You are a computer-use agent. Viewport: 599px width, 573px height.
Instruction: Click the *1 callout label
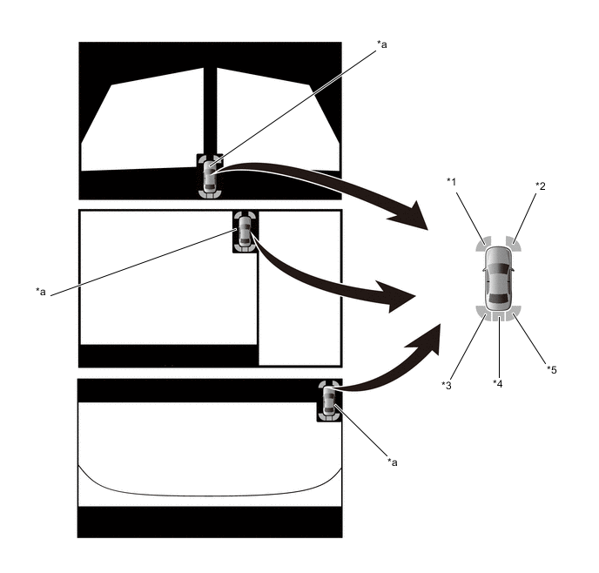(452, 182)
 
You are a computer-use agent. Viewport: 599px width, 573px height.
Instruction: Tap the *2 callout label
(540, 186)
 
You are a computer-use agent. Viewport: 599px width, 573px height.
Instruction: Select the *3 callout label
(446, 386)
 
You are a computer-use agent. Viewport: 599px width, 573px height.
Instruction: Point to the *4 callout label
(497, 383)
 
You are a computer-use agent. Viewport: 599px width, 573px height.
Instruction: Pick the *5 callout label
(552, 369)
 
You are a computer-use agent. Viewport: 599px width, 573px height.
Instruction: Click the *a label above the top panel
(381, 44)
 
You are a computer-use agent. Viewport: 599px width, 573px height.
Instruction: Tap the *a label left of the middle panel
(41, 292)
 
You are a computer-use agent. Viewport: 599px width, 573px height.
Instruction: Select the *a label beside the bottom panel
(393, 462)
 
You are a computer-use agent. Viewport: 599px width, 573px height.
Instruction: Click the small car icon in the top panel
(209, 176)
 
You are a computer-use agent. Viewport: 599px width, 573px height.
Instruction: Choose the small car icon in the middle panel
(245, 231)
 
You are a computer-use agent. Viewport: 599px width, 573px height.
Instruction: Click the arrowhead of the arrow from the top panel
(413, 217)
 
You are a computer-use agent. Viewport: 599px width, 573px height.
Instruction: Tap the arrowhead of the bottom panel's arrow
(427, 338)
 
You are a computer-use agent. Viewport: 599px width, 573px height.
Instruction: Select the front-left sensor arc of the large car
(483, 244)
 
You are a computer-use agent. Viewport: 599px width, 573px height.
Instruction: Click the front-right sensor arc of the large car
(514, 244)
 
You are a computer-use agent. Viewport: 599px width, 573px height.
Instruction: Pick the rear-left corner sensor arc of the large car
(481, 313)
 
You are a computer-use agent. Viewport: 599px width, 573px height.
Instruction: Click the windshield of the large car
(498, 267)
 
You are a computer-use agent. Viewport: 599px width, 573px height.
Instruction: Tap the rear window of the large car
(499, 299)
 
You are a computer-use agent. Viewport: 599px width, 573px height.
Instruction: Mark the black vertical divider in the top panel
(210, 111)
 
